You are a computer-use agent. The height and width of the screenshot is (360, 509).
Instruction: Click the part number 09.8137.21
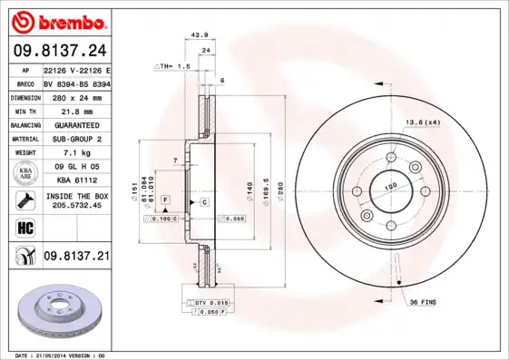click(75, 257)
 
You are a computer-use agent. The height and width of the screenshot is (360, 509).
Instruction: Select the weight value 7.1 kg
click(75, 153)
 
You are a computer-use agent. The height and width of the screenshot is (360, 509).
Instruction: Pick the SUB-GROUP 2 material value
click(75, 139)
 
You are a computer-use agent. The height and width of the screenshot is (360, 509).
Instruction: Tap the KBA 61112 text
click(75, 180)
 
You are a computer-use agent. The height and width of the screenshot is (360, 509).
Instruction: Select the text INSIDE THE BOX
click(76, 196)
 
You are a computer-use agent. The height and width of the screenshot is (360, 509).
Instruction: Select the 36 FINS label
click(423, 301)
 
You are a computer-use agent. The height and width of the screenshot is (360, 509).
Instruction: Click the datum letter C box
click(204, 200)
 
